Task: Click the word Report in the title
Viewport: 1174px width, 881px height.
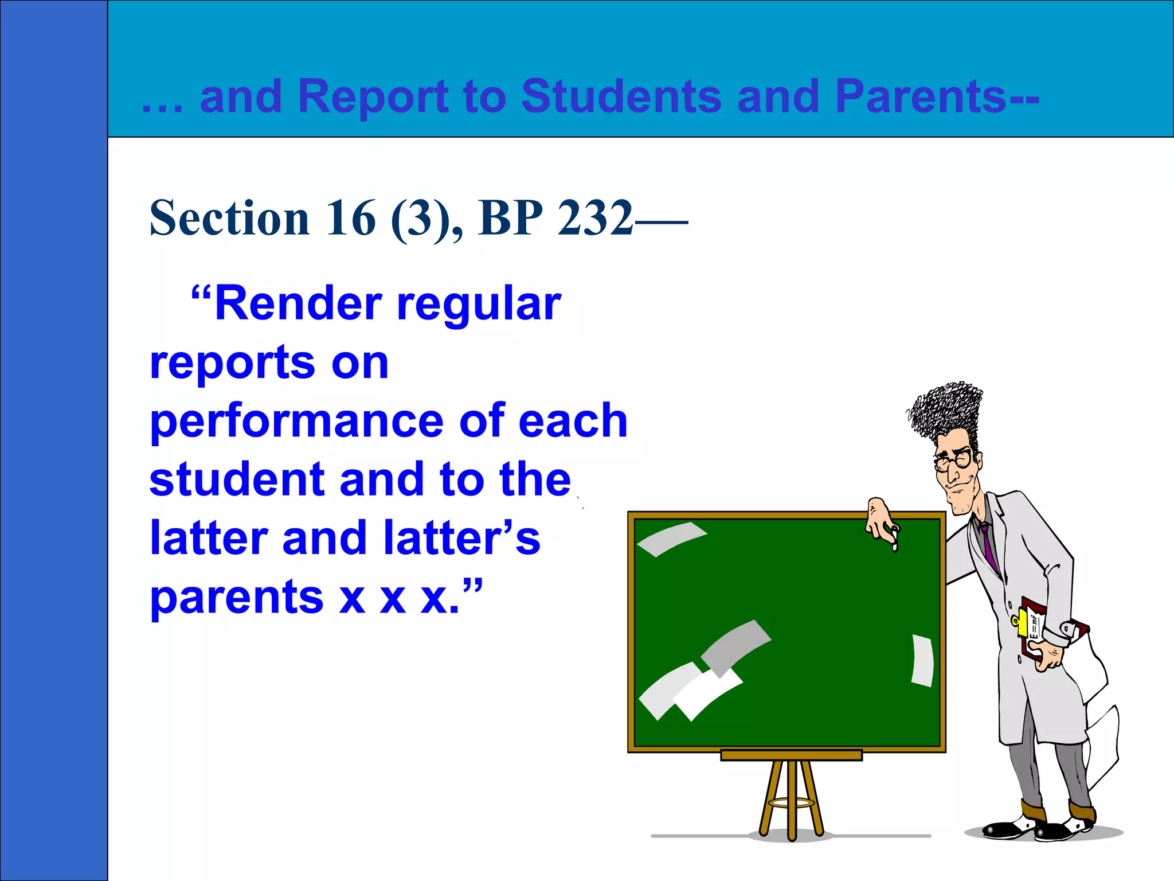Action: click(373, 96)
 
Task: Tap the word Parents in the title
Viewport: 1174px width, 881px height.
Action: click(921, 96)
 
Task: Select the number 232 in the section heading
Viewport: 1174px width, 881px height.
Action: click(596, 218)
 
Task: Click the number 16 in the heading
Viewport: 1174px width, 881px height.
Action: click(351, 218)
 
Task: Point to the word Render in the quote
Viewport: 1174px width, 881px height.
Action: click(298, 303)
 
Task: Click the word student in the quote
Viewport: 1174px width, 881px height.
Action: click(236, 480)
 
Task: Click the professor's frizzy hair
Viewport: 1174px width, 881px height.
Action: click(946, 410)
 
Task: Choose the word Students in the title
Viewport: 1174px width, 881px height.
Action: click(621, 96)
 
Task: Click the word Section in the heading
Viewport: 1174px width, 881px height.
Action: click(229, 218)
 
